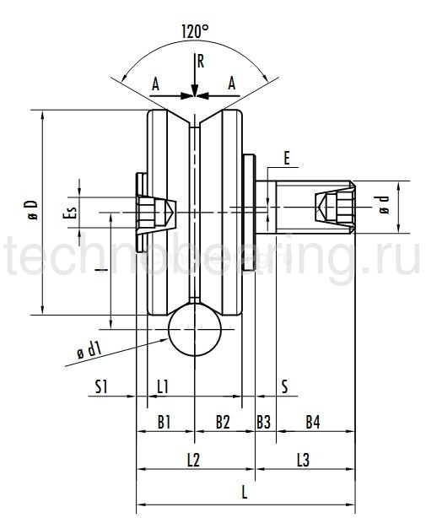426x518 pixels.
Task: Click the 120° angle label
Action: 195,31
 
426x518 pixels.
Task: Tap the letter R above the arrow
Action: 200,61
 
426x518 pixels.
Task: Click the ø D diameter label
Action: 31,210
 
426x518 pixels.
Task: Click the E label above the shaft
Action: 287,158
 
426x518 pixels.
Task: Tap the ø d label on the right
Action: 385,204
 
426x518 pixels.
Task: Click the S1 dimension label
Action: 102,386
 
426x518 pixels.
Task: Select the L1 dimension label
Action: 164,386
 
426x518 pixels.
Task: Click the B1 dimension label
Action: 164,420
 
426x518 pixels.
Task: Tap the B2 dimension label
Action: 223,420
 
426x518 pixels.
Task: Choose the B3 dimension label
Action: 264,420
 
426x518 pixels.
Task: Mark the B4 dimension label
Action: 312,420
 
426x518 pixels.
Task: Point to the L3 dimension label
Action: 304,459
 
